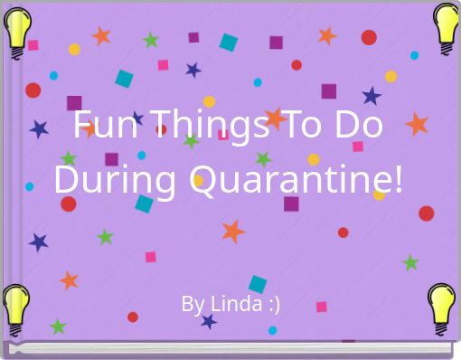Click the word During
pyautogui.click(x=115, y=180)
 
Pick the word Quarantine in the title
pyautogui.click(x=290, y=180)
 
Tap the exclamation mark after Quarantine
pyautogui.click(x=399, y=179)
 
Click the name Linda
pyautogui.click(x=236, y=303)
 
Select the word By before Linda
pyautogui.click(x=193, y=305)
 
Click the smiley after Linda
pyautogui.click(x=274, y=304)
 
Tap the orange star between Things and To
pyautogui.click(x=275, y=118)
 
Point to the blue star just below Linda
pyautogui.click(x=209, y=321)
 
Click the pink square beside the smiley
pyautogui.click(x=322, y=307)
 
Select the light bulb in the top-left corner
pyautogui.click(x=17, y=33)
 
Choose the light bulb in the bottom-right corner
pyautogui.click(x=441, y=309)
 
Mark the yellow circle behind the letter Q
pyautogui.click(x=198, y=180)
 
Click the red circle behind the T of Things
pyautogui.click(x=161, y=129)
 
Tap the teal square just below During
pyautogui.click(x=144, y=204)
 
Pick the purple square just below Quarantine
pyautogui.click(x=291, y=204)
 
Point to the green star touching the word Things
pyautogui.click(x=191, y=141)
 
